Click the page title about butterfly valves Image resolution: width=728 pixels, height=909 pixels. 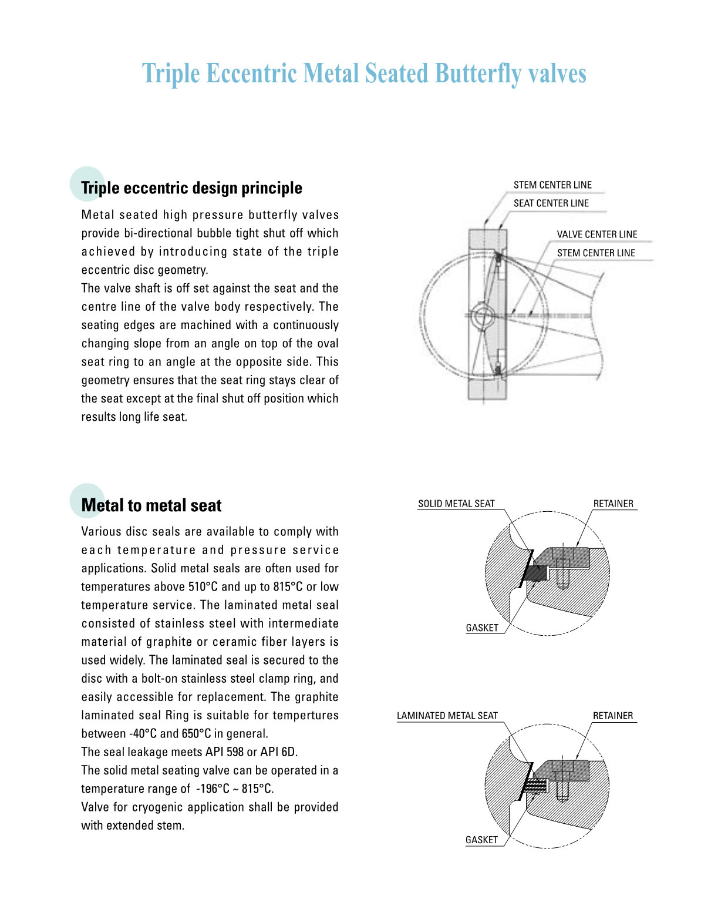point(364,74)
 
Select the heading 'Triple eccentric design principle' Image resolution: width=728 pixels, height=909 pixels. point(191,188)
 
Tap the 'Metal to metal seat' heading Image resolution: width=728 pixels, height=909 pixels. point(151,505)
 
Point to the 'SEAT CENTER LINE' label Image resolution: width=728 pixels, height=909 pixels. point(551,203)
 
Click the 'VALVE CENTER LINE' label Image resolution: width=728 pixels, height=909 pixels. point(596,234)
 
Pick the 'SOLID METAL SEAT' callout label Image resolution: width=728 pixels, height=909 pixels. point(456,504)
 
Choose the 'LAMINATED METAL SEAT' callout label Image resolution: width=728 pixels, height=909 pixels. point(447,716)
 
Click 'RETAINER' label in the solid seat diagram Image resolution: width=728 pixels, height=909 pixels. point(613,504)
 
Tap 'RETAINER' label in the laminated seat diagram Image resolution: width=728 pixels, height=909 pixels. point(613,716)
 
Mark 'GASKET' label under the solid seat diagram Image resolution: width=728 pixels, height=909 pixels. point(482,628)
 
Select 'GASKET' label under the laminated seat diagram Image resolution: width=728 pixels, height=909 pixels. point(481,840)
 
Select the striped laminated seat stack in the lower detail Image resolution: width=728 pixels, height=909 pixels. point(534,784)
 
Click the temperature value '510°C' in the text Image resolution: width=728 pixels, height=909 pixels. point(203,586)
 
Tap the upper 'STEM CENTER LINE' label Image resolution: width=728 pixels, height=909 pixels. point(552,185)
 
